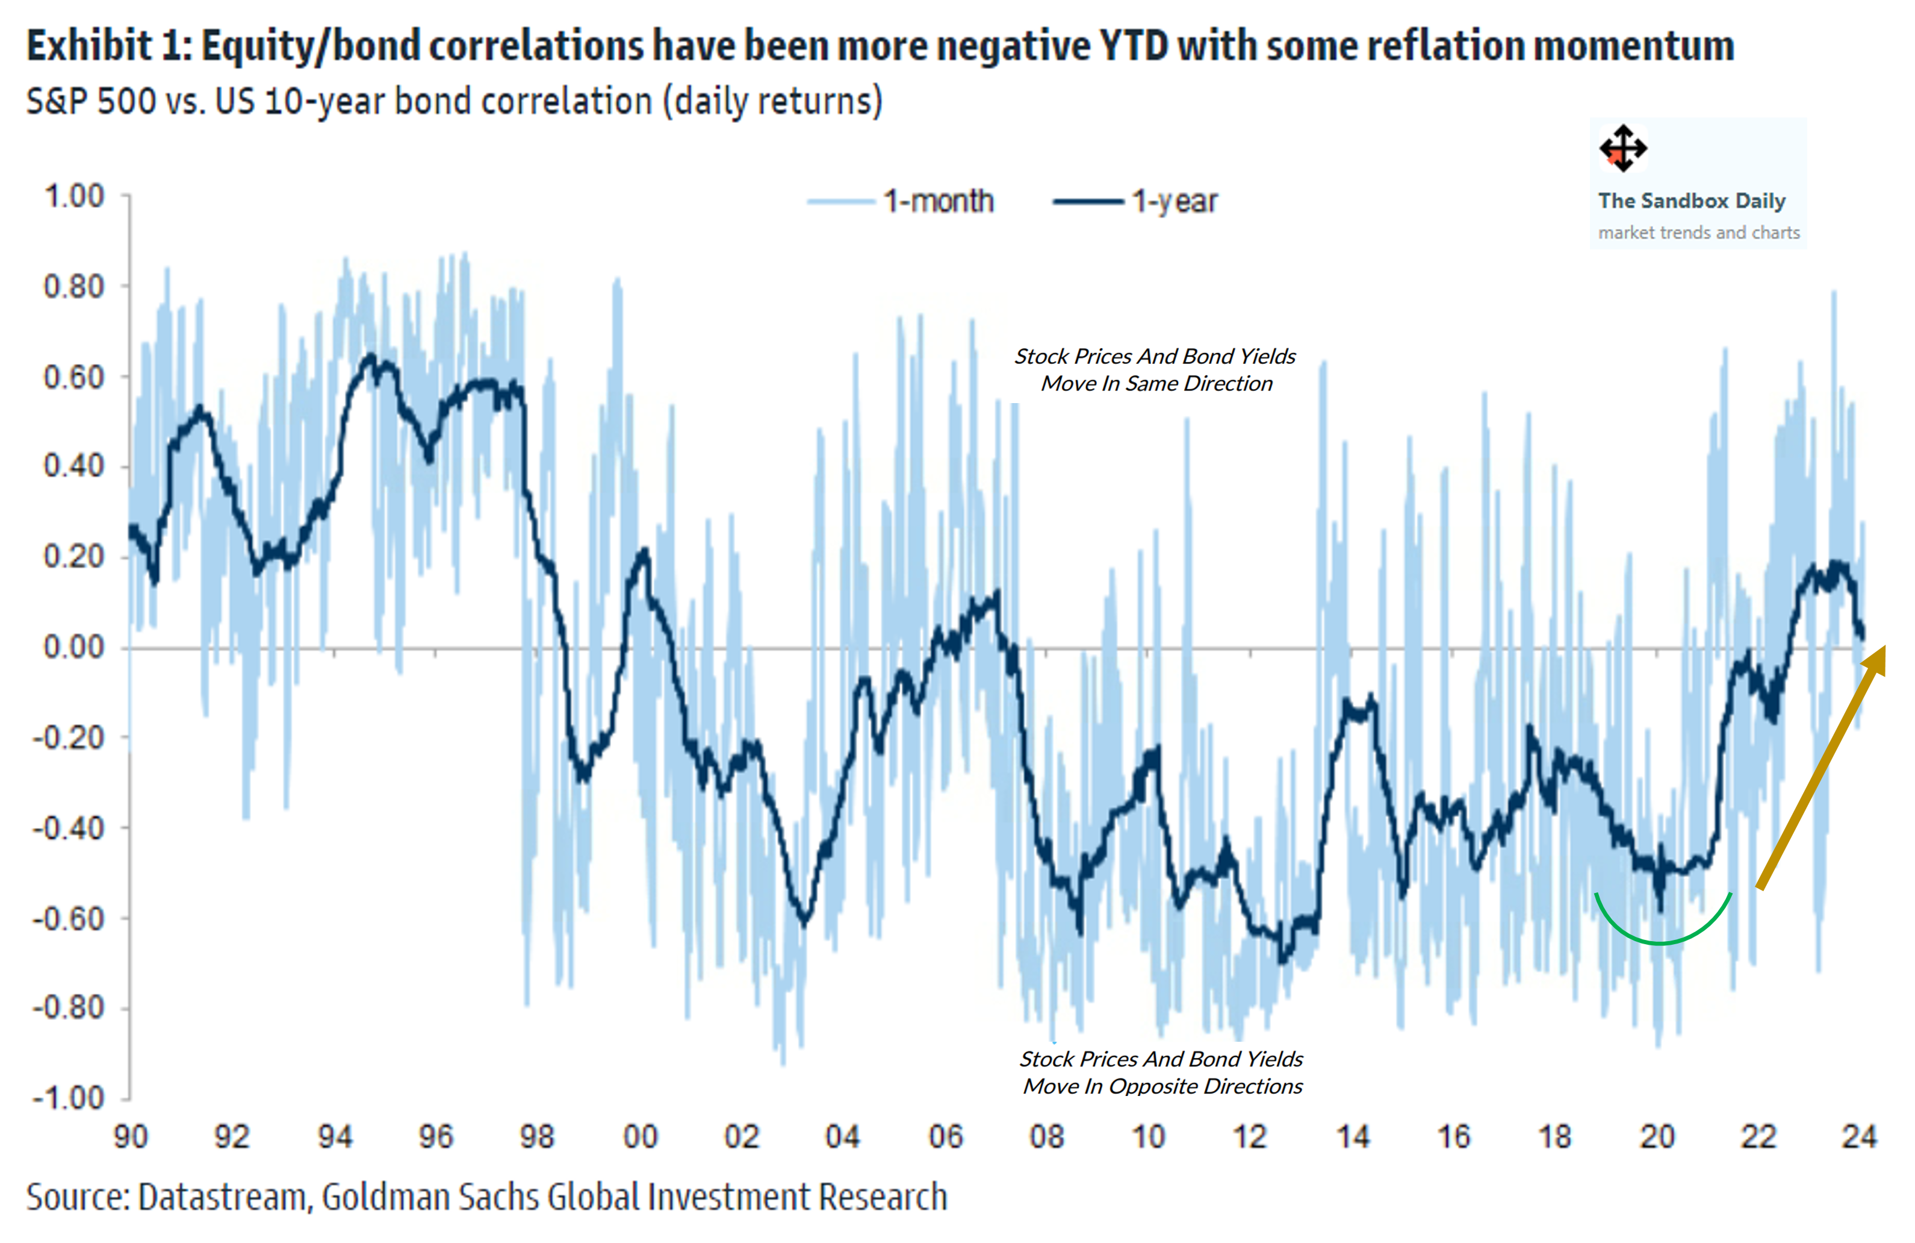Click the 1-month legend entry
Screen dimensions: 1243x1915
click(901, 201)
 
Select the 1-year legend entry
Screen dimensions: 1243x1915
click(1136, 201)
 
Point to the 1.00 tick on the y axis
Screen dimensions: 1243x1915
click(74, 196)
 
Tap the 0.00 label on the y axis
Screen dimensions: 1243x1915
click(74, 647)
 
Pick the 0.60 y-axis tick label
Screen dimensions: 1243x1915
click(74, 377)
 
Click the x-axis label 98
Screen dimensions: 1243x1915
click(536, 1137)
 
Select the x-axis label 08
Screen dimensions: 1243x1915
click(1047, 1137)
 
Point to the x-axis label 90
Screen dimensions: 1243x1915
click(131, 1137)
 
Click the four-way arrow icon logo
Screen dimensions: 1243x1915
click(1623, 148)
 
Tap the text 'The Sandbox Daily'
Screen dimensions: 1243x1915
click(1691, 201)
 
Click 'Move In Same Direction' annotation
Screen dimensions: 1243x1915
click(1156, 383)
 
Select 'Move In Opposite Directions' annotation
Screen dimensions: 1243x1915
click(1162, 1086)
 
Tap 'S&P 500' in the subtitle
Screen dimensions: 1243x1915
click(91, 101)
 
